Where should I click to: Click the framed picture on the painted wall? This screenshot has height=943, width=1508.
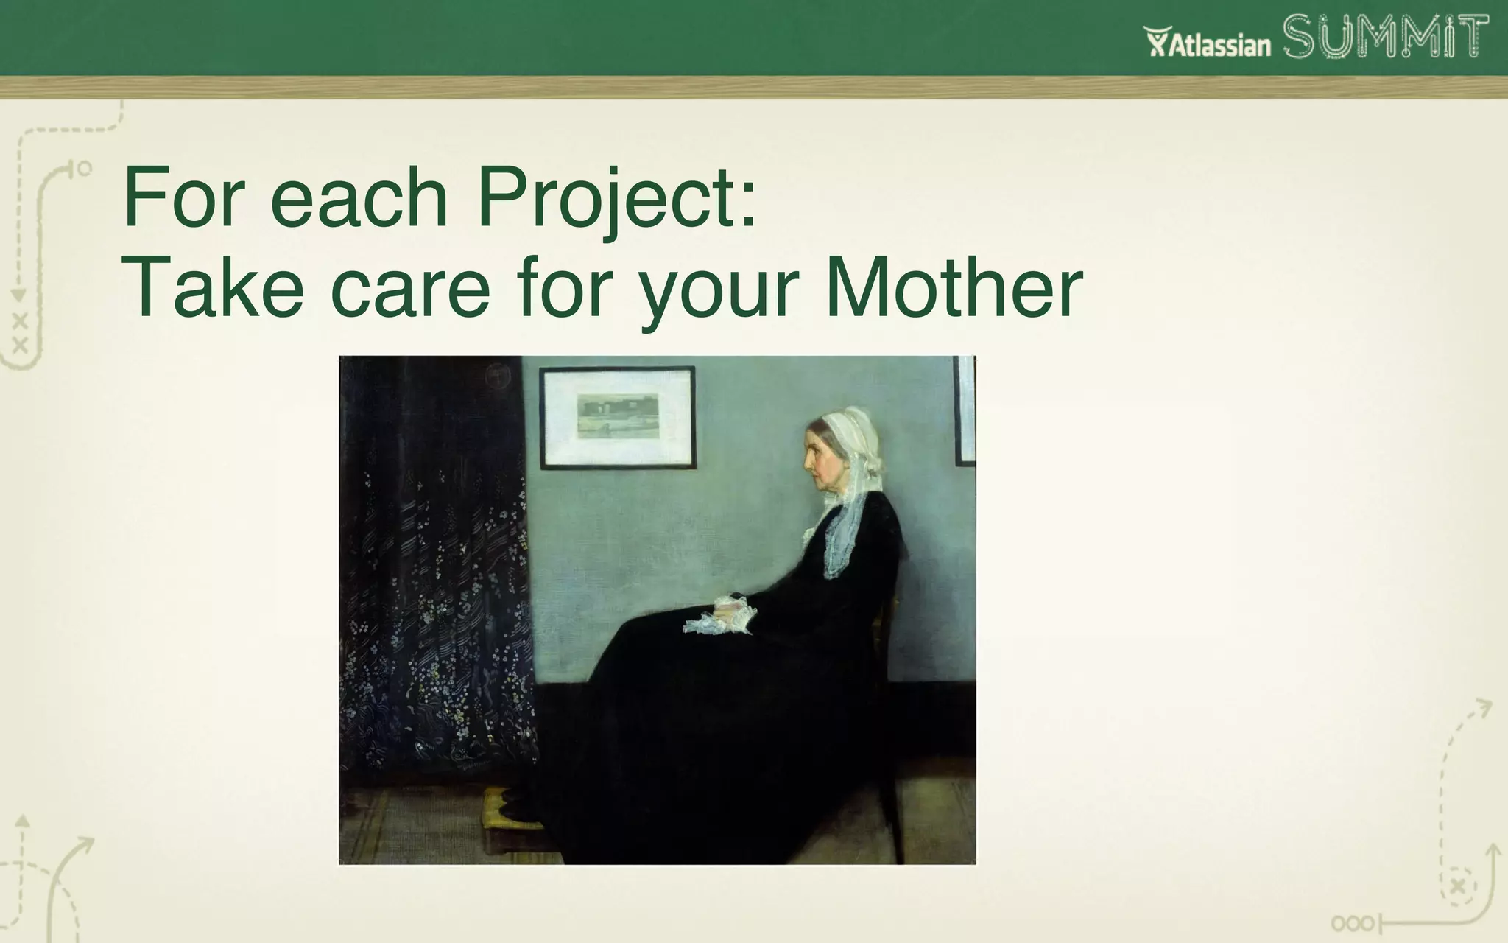617,417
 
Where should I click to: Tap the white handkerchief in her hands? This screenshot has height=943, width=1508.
718,615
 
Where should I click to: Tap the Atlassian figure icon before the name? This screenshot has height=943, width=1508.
1157,42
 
